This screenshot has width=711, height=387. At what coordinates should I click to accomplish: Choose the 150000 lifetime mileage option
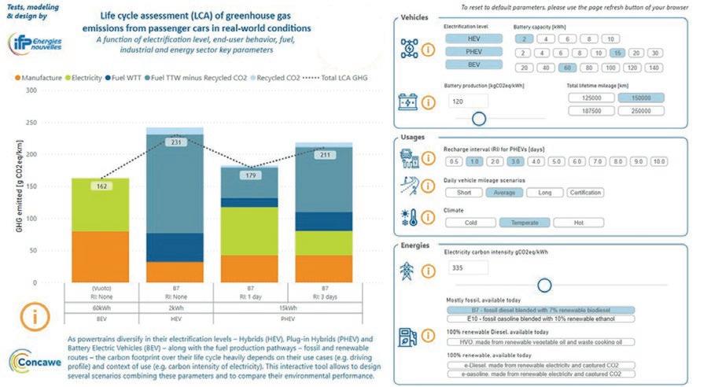(x=642, y=98)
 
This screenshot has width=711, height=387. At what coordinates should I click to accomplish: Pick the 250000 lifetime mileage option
(x=642, y=111)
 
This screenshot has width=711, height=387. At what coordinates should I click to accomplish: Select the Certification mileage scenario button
(x=584, y=192)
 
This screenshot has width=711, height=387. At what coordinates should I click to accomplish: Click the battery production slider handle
(x=478, y=119)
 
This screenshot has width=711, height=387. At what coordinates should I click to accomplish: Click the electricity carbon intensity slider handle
(x=543, y=285)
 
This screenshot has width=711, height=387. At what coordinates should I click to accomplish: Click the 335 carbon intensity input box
(x=468, y=267)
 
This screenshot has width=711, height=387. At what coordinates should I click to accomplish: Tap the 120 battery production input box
(x=468, y=101)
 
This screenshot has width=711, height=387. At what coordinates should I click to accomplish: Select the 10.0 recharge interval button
(x=658, y=161)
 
